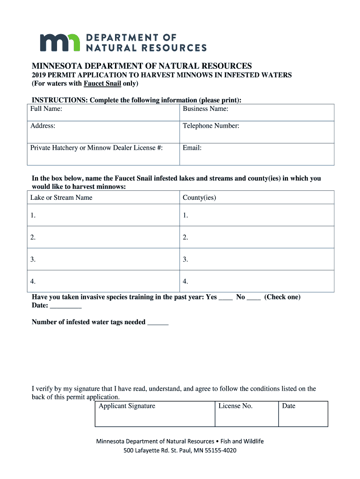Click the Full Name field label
(46, 109)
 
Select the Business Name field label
(205, 109)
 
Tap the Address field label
(43, 126)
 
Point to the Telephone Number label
(211, 126)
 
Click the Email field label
(192, 148)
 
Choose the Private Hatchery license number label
(96, 148)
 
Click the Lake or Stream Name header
(61, 197)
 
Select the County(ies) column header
(199, 197)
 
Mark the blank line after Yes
(226, 298)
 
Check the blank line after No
(253, 298)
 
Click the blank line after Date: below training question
(65, 306)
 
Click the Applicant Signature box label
(127, 406)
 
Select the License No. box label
(235, 406)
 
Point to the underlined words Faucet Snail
(102, 84)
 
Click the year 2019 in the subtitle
(40, 75)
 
